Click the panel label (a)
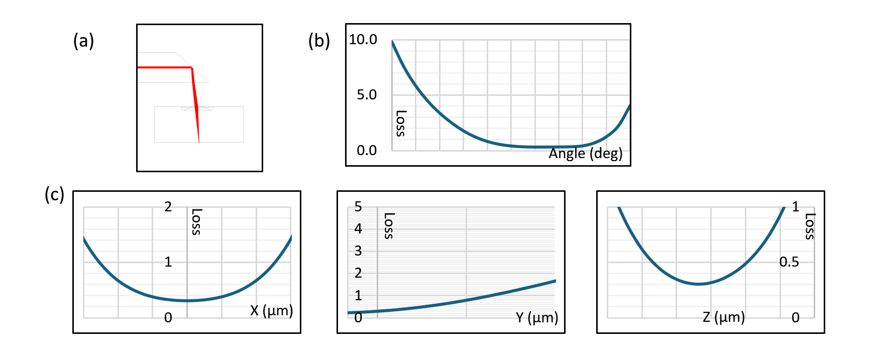83,41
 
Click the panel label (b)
319,41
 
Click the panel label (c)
54,194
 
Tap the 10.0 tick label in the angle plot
363,39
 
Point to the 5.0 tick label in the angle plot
367,94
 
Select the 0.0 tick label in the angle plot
367,150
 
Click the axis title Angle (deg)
586,154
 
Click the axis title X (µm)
272,311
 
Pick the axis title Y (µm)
537,317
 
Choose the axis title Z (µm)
724,317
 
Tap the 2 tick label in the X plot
168,206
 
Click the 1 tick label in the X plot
168,262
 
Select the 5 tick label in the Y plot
358,206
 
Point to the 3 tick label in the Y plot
358,251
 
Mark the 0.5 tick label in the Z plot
789,262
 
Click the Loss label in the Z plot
810,226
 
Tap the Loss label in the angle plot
401,124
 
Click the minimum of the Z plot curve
699,284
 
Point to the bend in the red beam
192,68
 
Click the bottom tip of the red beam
199,142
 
